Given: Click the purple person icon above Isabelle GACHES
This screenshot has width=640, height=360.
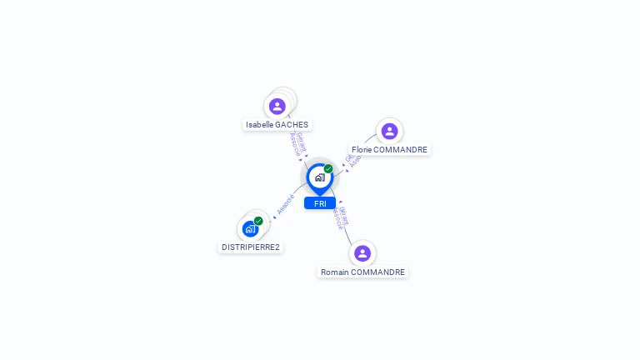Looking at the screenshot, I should click(x=277, y=107).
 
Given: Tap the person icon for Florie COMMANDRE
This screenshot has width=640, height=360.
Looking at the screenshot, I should click(x=389, y=131).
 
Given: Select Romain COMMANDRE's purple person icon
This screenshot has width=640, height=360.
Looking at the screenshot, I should click(x=362, y=253).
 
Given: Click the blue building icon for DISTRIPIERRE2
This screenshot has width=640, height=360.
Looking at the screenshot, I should click(x=250, y=229).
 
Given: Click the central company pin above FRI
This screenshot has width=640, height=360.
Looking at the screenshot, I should click(x=319, y=177).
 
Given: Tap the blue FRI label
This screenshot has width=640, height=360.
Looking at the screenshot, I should click(x=320, y=203).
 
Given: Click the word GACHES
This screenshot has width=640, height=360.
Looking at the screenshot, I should click(x=292, y=125).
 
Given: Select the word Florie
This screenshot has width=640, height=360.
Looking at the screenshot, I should click(x=362, y=150).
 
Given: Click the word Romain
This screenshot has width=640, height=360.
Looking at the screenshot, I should click(x=334, y=272).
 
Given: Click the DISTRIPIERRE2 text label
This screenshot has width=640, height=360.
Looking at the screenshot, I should click(x=251, y=247).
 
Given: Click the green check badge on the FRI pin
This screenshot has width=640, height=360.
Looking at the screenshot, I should click(x=328, y=169).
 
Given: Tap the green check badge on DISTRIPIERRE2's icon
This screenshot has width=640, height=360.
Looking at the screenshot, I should click(x=258, y=221).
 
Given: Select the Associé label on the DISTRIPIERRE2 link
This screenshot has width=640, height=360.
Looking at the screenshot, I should click(x=285, y=204).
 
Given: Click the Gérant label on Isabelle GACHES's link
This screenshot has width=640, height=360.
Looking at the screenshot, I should click(x=301, y=142).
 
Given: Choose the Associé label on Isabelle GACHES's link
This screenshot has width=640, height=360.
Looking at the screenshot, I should click(x=294, y=145).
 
